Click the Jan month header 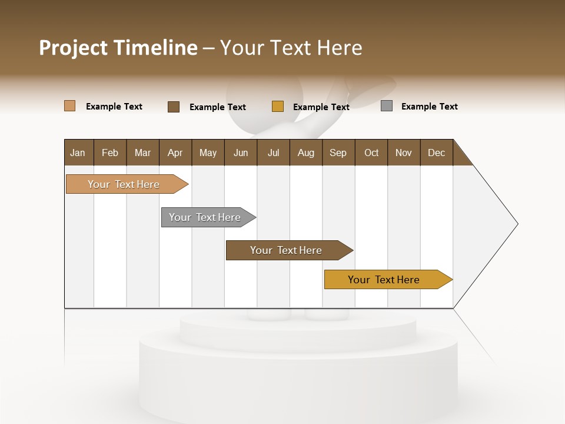pos(78,153)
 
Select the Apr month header pos(175,153)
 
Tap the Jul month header pos(273,153)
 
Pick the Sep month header pos(338,153)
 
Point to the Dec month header pos(436,153)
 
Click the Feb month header pos(110,153)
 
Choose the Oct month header pos(371,153)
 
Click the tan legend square pos(69,106)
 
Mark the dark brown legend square pos(174,107)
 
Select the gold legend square pos(278,107)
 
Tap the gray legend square pos(387,106)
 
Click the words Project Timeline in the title pos(118,48)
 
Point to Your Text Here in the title pos(291,48)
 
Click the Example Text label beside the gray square pos(429,107)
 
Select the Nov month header pos(404,153)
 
